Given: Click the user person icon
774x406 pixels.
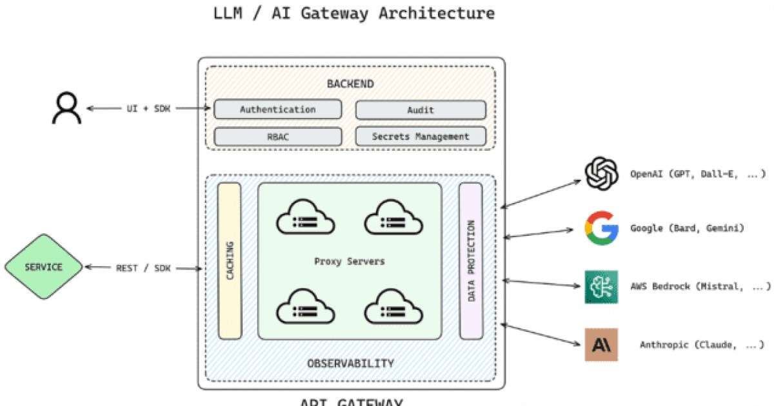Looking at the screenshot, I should pos(66,108).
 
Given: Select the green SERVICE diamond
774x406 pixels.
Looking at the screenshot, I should pos(44,267).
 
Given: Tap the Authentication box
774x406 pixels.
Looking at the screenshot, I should pos(277,110).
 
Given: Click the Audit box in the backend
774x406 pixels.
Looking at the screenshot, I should pos(421,110).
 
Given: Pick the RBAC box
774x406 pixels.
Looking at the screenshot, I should pos(277,137).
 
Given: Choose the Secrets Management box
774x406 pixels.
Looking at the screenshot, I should pos(421,137).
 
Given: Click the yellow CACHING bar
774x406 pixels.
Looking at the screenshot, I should pos(230,261).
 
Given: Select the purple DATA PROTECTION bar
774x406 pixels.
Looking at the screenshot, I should pos(471,261).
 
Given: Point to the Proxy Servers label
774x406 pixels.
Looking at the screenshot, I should pos(350,262).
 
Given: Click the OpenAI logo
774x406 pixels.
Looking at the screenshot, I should pos(601,174).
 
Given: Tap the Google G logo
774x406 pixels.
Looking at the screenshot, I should pos(601,228).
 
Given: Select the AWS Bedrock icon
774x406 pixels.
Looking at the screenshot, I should pos(601,287).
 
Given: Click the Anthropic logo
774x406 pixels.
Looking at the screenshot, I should pos(601,345).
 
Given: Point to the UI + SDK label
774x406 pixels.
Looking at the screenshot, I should pos(148,109).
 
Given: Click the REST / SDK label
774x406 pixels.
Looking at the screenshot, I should pos(143,267).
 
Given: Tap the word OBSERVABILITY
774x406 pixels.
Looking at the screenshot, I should pos(350,363).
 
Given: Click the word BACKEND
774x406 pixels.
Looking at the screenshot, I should pos(350,84).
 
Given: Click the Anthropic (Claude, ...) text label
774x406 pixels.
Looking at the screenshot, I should pos(702,345).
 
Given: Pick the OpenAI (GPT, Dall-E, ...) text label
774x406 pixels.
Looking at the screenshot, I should pos(698,174).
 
